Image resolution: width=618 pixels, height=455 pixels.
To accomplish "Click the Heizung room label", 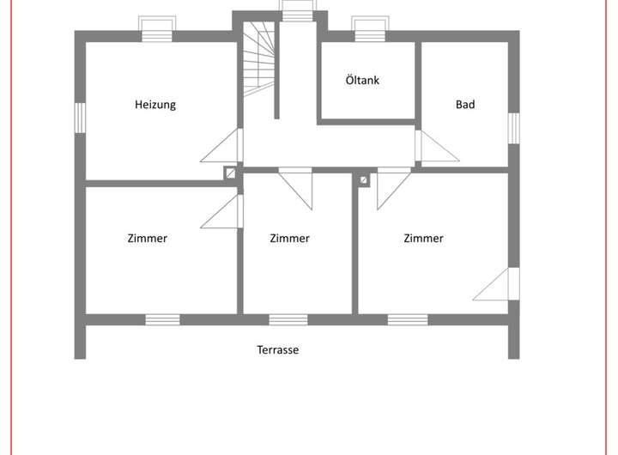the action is pyautogui.click(x=155, y=105).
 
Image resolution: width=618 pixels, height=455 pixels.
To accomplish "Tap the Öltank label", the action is pyautogui.click(x=362, y=81).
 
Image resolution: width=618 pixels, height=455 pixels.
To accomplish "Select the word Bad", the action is pyautogui.click(x=465, y=105).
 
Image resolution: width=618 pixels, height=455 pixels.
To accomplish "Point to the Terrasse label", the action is pyautogui.click(x=277, y=350).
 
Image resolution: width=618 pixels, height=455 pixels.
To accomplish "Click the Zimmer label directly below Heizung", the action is pyautogui.click(x=147, y=239).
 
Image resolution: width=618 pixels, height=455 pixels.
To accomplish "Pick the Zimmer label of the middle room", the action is pyautogui.click(x=289, y=239).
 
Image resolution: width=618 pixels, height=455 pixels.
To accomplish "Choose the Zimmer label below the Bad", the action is pyautogui.click(x=423, y=239).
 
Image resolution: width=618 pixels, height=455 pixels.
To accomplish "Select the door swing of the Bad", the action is pyautogui.click(x=436, y=149).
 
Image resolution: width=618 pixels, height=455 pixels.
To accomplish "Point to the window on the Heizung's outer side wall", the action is pyautogui.click(x=80, y=118).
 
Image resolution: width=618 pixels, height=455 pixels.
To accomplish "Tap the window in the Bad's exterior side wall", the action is pyautogui.click(x=514, y=128).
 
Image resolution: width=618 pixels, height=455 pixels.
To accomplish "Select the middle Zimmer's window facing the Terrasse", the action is pyautogui.click(x=288, y=319).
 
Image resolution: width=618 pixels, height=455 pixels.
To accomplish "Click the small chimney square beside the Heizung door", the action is pyautogui.click(x=230, y=173).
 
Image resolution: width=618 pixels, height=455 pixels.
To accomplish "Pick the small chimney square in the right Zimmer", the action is pyautogui.click(x=364, y=180).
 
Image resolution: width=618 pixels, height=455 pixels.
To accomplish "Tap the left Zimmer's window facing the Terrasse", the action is pyautogui.click(x=162, y=319).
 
